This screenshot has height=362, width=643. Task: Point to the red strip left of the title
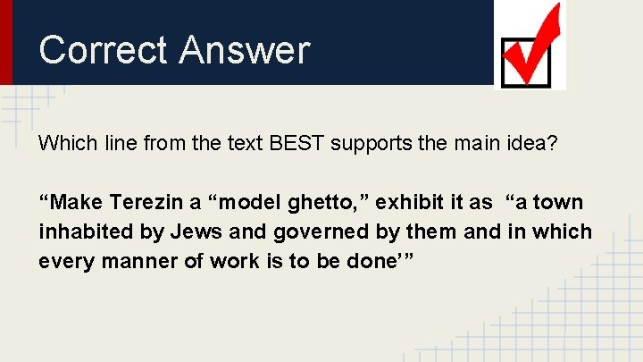[x=6, y=42]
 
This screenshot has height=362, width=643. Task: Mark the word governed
[x=305, y=232]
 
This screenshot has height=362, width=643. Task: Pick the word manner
[x=144, y=262]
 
